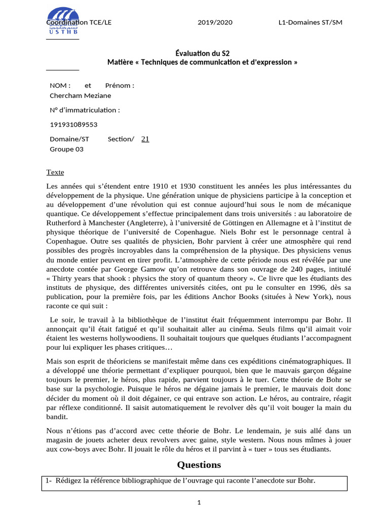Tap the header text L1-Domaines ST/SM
coord(310,23)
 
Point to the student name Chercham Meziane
coord(80,95)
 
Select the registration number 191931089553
coord(73,124)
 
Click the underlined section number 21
coord(145,139)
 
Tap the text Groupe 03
coord(66,149)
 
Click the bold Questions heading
coord(199,465)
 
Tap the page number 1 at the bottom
coord(200,503)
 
